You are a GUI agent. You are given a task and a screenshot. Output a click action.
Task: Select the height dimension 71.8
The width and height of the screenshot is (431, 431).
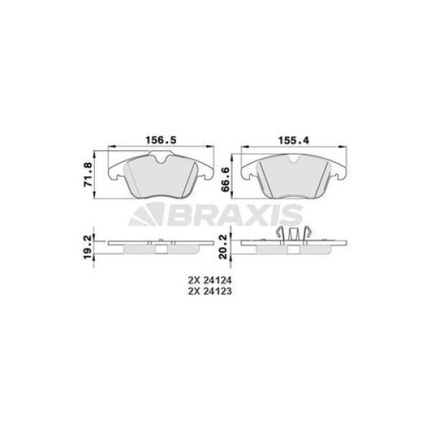pyautogui.click(x=88, y=175)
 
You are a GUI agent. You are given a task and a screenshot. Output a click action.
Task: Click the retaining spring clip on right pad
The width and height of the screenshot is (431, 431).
pyautogui.click(x=294, y=235)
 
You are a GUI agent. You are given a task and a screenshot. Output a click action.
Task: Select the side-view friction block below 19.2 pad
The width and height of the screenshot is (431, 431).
pyautogui.click(x=162, y=250)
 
